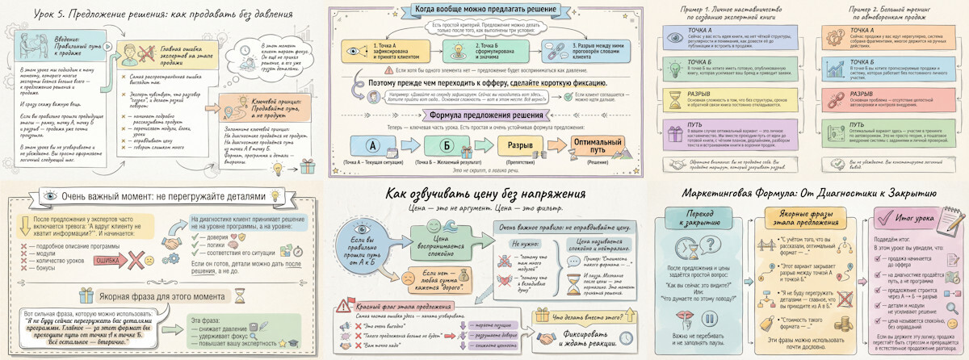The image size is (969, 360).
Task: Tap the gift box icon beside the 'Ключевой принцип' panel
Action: pyautogui.click(x=307, y=167)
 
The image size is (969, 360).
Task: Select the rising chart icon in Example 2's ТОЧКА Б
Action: pyautogui.click(x=837, y=67)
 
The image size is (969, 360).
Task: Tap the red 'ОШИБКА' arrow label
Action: pyautogui.click(x=108, y=262)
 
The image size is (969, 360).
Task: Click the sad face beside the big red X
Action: pyautogui.click(x=149, y=260)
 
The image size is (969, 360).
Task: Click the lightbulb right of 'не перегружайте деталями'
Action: pyautogui.click(x=275, y=196)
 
